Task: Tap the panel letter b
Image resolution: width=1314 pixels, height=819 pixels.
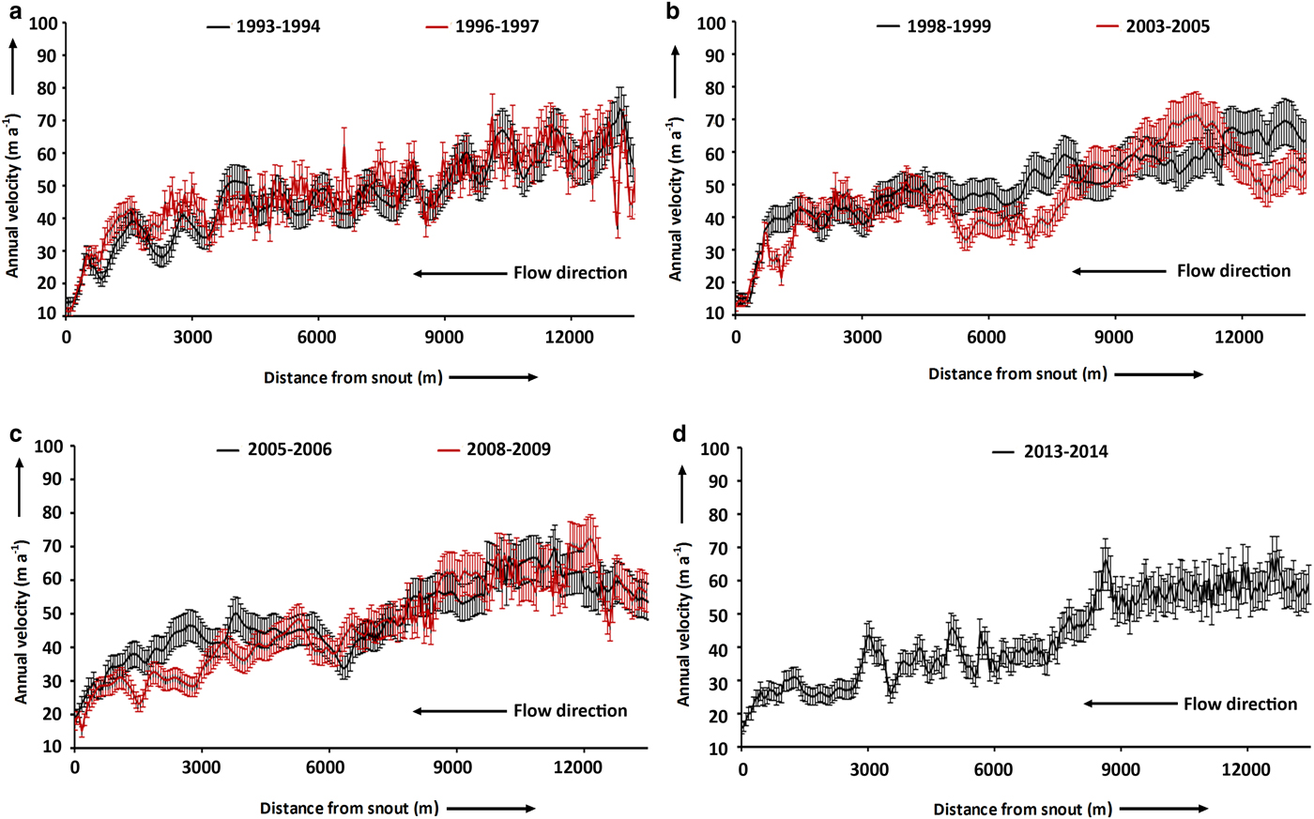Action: tap(671, 10)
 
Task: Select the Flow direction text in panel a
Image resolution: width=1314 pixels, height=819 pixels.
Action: tap(570, 273)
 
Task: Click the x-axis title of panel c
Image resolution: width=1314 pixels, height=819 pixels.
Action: tap(349, 808)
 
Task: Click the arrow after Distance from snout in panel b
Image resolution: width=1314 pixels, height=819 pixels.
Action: tap(1158, 373)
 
